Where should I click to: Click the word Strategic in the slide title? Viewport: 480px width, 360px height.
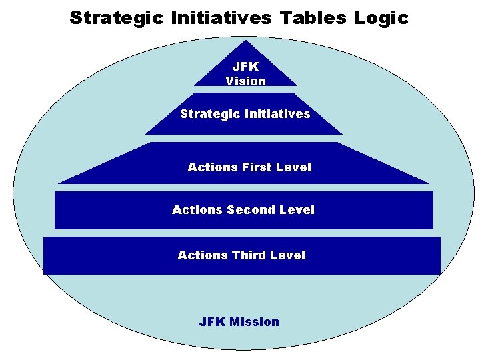[x=116, y=17]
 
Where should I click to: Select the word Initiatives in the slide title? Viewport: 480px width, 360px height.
[x=223, y=17]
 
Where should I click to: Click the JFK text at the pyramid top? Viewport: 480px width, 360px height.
[x=245, y=67]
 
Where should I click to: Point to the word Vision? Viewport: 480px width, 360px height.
[x=245, y=81]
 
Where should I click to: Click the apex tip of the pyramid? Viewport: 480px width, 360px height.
[x=246, y=41]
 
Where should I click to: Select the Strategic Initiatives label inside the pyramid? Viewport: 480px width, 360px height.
[x=245, y=114]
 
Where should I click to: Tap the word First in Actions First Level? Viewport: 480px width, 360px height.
[x=257, y=167]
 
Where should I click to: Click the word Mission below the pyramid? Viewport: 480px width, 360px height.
[x=254, y=322]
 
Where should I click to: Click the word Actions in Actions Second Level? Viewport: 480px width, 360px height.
[x=197, y=210]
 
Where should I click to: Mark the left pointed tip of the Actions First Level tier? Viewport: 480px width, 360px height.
[x=59, y=183]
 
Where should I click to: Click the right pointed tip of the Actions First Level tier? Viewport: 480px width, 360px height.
[x=429, y=183]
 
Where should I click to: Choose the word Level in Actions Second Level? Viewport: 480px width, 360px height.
[x=297, y=210]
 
